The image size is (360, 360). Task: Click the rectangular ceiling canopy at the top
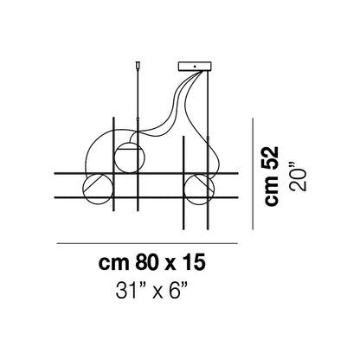195,66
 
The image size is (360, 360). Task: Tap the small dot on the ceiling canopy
195,66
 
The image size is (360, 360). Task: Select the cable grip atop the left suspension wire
138,65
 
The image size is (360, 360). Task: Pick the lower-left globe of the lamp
97,189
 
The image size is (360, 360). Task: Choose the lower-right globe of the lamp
199,189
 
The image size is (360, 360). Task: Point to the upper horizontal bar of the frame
146,173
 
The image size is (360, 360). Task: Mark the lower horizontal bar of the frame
146,197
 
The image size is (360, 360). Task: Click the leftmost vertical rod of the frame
113,164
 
